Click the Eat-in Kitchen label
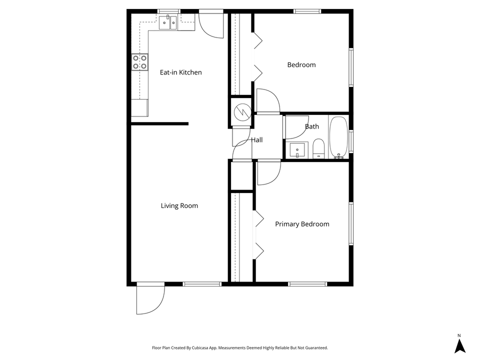180,72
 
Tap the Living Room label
179,205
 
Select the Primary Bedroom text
302,224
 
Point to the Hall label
257,140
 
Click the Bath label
312,126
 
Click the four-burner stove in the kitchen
140,61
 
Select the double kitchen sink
168,22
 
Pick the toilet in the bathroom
319,149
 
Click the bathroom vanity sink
299,150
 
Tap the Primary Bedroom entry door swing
268,172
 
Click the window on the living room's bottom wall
202,284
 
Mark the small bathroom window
351,141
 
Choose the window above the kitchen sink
169,11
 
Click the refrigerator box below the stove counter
139,107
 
